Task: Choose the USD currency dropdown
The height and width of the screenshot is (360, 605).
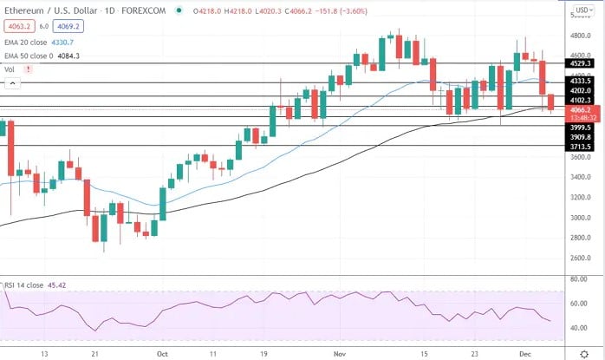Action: tap(583, 11)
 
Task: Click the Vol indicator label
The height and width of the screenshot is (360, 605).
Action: tap(10, 69)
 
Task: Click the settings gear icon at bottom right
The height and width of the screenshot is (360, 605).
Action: tap(583, 354)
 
